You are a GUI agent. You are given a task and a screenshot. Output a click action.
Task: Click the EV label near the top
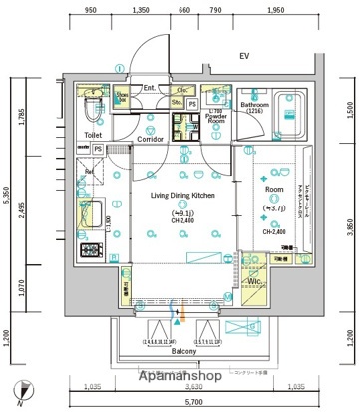(x=242, y=56)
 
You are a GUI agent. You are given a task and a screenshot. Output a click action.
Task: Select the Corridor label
(x=152, y=140)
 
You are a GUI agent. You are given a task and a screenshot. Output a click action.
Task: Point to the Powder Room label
(x=215, y=120)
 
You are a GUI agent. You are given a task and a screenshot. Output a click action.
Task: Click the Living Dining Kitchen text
(x=183, y=197)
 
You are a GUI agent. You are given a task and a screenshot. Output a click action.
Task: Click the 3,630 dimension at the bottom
(x=182, y=385)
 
